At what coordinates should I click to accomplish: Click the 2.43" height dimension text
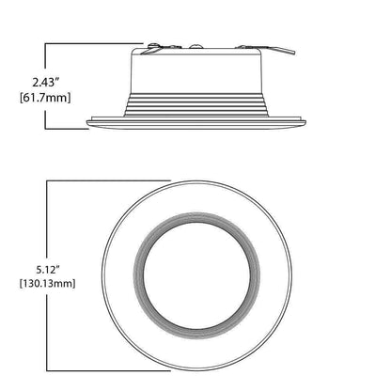tap(46, 83)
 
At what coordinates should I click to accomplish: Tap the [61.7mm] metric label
tap(45, 98)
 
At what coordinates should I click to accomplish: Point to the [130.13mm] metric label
tap(47, 284)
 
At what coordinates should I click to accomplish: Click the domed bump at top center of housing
tap(195, 46)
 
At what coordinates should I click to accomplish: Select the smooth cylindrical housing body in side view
tap(196, 70)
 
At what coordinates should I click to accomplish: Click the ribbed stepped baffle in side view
tap(196, 105)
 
